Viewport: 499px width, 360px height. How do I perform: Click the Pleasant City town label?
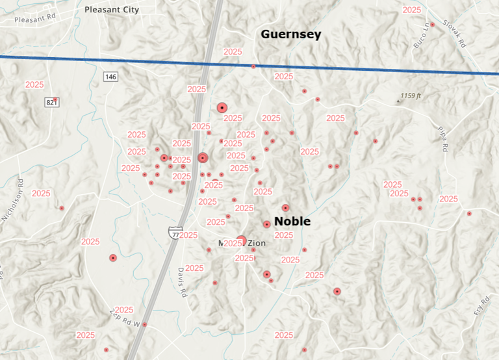111,10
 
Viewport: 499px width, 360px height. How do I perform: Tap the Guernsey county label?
290,34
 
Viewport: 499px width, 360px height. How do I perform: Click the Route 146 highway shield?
110,77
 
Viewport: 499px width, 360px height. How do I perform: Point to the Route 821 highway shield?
52,103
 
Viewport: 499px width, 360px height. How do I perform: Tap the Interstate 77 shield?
174,232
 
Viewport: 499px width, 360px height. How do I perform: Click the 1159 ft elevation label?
411,96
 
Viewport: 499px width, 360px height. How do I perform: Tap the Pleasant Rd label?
33,20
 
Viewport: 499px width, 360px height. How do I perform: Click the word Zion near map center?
256,243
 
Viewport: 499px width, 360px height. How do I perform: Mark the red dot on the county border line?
253,66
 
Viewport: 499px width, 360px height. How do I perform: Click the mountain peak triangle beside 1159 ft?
398,101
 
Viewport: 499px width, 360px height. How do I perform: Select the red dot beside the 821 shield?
56,100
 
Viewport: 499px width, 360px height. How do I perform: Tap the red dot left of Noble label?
266,224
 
